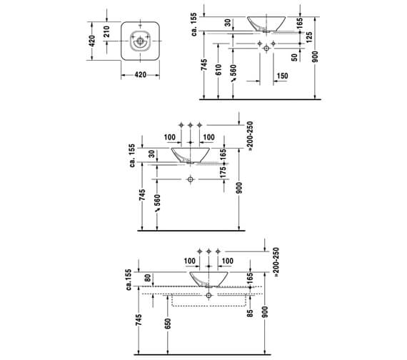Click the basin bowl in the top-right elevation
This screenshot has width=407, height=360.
click(x=267, y=21)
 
